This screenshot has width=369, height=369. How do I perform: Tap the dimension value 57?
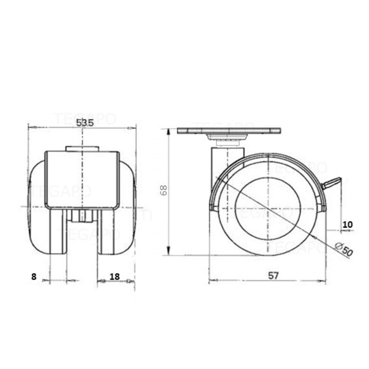pyautogui.click(x=273, y=276)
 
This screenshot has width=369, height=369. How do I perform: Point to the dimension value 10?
pyautogui.click(x=347, y=224)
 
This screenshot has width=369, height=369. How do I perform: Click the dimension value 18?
pyautogui.click(x=114, y=276)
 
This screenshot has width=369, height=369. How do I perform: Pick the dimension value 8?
pyautogui.click(x=34, y=276)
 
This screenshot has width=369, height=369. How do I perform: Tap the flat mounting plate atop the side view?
pyautogui.click(x=229, y=131)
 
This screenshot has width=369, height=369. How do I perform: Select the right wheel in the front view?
pyautogui.click(x=117, y=230)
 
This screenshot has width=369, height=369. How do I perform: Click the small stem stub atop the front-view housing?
pyautogui.click(x=82, y=148)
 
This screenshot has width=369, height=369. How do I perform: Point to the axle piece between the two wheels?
pyautogui.click(x=82, y=216)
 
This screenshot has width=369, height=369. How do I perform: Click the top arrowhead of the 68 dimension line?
pyautogui.click(x=169, y=131)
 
